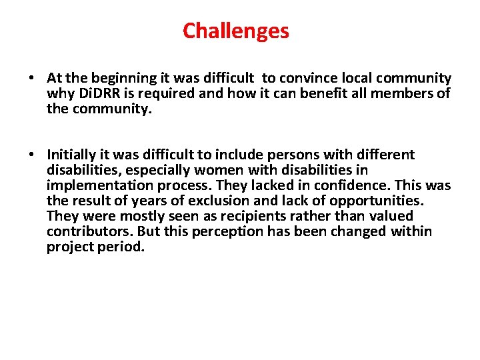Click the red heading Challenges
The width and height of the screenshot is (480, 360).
[x=236, y=31]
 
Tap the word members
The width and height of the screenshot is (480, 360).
[x=409, y=93]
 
